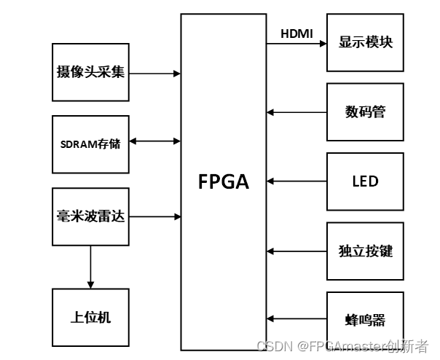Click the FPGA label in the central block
224,181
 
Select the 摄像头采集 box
91,72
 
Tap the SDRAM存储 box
91,144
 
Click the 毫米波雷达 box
91,216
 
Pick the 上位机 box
91,318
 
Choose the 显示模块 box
365,42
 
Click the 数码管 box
365,112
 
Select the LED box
365,181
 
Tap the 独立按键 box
365,251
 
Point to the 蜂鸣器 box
365,319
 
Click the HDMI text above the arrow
296,34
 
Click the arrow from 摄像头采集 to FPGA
154,73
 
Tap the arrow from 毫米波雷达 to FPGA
154,216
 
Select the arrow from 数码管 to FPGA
296,113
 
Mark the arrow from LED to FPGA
296,181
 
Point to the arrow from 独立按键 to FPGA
296,251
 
